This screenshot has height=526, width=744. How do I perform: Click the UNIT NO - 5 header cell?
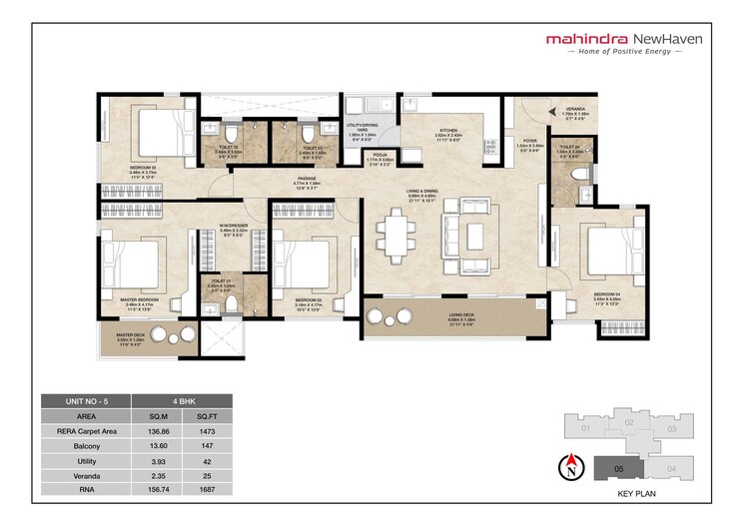(x=85, y=400)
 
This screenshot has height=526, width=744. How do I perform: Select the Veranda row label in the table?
(x=85, y=476)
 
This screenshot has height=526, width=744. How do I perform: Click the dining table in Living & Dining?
(x=395, y=237)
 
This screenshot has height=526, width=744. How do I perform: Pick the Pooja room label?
(x=380, y=158)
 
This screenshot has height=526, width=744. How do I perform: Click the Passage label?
(x=306, y=181)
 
